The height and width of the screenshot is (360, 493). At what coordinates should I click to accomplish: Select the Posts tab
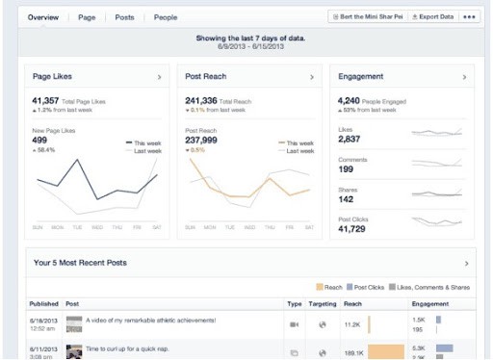pyautogui.click(x=124, y=17)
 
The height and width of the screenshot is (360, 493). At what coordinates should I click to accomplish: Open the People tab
pyautogui.click(x=166, y=17)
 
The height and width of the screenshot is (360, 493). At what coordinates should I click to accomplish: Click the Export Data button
pyautogui.click(x=432, y=17)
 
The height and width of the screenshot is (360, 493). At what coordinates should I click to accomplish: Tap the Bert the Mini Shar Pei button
pyautogui.click(x=368, y=17)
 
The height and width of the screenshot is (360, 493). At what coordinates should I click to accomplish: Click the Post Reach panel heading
pyautogui.click(x=205, y=76)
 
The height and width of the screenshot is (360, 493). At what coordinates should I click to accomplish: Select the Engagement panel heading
pyautogui.click(x=361, y=76)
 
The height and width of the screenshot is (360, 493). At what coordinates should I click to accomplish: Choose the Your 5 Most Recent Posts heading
pyautogui.click(x=80, y=262)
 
